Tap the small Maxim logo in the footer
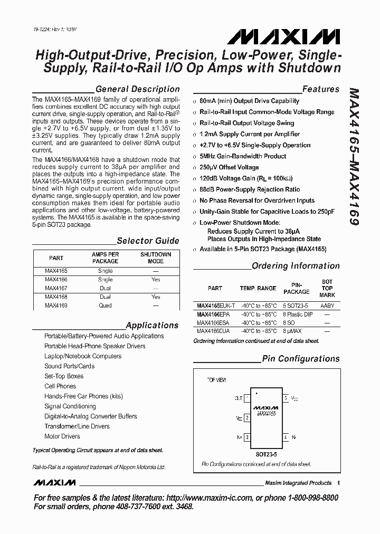tap(54, 483)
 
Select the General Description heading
tap(137, 89)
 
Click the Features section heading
tap(320, 89)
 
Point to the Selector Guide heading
tap(148, 241)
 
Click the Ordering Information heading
tap(296, 266)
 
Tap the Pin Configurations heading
tap(301, 359)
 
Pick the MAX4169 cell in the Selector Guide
tap(56, 306)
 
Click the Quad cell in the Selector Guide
tap(105, 306)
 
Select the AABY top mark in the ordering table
tap(327, 306)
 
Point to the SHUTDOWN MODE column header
tap(156, 258)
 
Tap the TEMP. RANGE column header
tap(258, 288)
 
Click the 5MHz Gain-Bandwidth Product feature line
tap(243, 156)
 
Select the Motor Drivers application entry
tap(62, 436)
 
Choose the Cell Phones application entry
tap(60, 386)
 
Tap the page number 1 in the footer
tap(338, 483)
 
